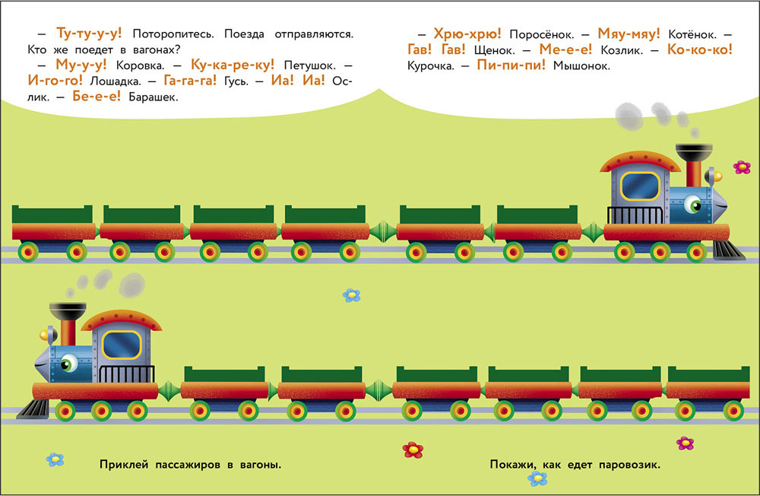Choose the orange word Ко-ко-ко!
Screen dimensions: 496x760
[699, 50]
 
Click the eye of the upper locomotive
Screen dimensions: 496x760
[693, 203]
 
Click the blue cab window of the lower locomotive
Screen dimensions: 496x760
[122, 345]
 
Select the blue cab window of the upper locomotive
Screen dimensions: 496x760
[639, 185]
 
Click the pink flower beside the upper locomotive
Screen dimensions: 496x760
[741, 167]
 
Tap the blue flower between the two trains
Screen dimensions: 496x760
[351, 295]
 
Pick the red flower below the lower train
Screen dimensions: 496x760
[412, 450]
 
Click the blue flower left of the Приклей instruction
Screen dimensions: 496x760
[55, 459]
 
